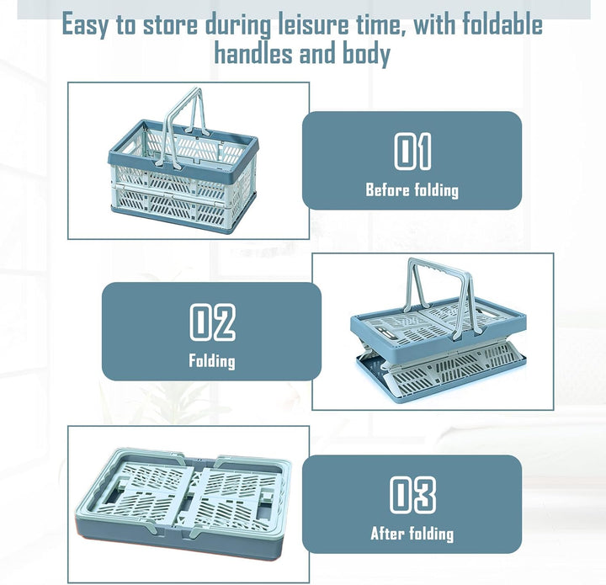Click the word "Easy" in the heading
click(85, 25)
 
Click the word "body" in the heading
click(366, 54)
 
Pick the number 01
click(412, 151)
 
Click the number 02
click(212, 322)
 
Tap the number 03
click(412, 495)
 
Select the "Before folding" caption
click(412, 190)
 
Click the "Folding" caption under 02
click(212, 361)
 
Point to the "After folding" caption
click(412, 534)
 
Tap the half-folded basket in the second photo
click(439, 331)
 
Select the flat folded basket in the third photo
click(183, 503)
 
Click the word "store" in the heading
click(170, 24)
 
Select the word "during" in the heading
click(237, 25)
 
